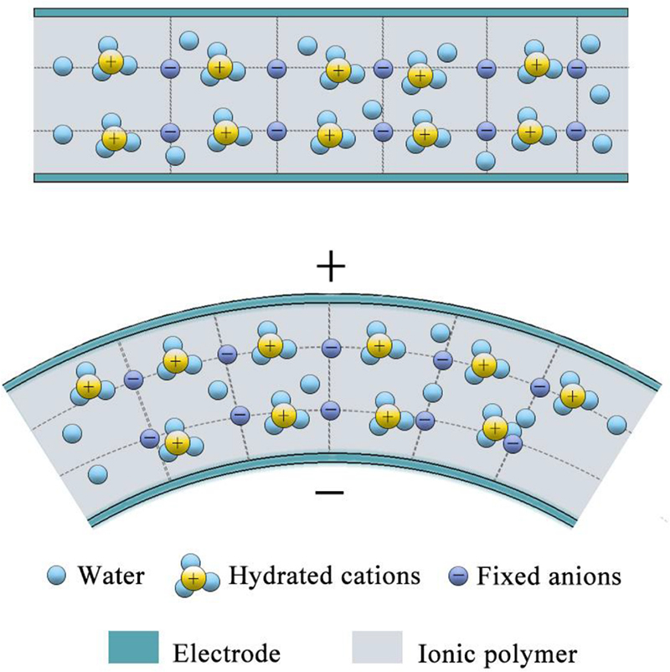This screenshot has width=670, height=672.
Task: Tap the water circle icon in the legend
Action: pos(57,576)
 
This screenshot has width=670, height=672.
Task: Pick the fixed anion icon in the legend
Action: pos(461,576)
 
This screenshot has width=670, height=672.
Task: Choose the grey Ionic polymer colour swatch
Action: pos(381,646)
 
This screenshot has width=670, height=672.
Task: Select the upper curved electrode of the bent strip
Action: pos(330,299)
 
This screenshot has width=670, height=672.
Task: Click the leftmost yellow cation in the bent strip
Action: pos(86,386)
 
